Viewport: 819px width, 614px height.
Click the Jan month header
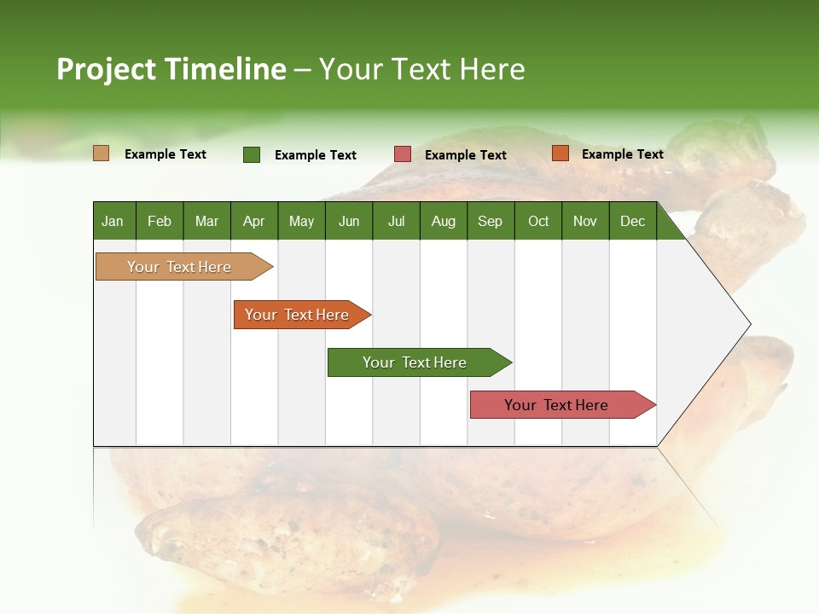click(113, 222)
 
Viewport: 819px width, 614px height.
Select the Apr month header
click(253, 222)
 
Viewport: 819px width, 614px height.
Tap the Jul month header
click(396, 222)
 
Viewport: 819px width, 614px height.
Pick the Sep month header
click(490, 222)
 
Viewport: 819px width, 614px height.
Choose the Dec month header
click(632, 222)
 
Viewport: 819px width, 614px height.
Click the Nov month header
click(584, 222)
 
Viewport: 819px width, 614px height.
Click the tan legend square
click(102, 153)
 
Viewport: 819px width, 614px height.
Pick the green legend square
click(252, 154)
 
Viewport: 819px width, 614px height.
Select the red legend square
click(403, 154)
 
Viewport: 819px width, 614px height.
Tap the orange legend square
click(560, 153)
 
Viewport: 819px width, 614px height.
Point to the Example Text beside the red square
click(466, 155)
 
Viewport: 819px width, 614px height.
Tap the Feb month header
click(160, 222)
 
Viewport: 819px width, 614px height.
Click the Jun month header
click(349, 222)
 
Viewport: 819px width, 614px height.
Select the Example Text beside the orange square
click(623, 154)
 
